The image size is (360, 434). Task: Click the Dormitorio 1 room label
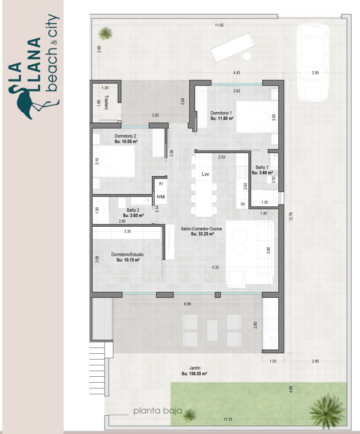(x=221, y=113)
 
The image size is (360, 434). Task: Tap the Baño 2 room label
(x=133, y=210)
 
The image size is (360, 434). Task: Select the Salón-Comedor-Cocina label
(x=201, y=228)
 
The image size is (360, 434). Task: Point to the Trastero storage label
(x=106, y=103)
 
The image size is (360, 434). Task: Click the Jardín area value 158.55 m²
(x=194, y=374)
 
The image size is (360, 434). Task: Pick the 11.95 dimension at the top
(x=219, y=25)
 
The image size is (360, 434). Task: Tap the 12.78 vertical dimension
(x=290, y=216)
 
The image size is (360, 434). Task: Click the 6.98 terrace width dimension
(x=187, y=304)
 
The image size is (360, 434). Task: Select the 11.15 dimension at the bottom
(x=228, y=419)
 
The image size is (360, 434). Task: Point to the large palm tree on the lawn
(x=327, y=410)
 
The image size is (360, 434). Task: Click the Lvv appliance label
(x=205, y=174)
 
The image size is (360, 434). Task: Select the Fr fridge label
(x=161, y=184)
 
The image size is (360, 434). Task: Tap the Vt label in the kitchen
(x=243, y=204)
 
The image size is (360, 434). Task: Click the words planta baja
(x=158, y=411)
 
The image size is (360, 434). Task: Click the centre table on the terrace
(x=212, y=330)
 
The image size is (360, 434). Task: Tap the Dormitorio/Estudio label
(x=128, y=254)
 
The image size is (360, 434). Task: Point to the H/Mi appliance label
(x=161, y=197)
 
